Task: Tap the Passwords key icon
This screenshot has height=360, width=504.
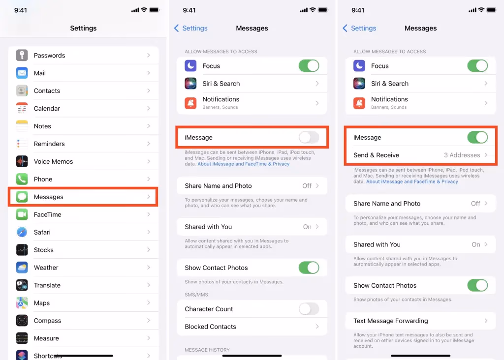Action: coord(22,56)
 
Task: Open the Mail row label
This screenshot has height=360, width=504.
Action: coord(40,73)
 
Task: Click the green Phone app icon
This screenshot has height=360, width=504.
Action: coord(22,180)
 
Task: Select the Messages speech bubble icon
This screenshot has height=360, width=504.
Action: coord(22,197)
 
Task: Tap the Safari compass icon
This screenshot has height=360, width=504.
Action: coord(22,233)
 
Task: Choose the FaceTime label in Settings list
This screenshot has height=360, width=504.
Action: coord(44,215)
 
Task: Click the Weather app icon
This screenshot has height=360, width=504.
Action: coord(22,268)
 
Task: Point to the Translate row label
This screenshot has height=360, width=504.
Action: coord(47,286)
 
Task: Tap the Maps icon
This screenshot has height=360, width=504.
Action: coord(22,303)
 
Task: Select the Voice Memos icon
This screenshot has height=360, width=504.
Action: coord(22,162)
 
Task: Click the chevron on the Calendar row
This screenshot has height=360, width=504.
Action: coord(149,109)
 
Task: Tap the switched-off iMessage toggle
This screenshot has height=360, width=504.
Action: coord(309,138)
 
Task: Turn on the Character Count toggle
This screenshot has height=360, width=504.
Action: coord(309,309)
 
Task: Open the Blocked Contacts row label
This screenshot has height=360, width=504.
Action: coord(210,327)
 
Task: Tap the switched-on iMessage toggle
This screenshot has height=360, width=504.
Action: coord(477,138)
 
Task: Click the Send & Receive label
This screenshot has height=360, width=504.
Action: coord(376,155)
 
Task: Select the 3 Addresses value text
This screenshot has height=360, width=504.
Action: coord(462,155)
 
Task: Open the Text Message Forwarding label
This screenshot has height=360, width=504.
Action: coord(390,321)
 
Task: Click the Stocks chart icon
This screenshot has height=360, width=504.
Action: coord(22,250)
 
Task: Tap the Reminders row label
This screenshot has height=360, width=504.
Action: coord(49,144)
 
